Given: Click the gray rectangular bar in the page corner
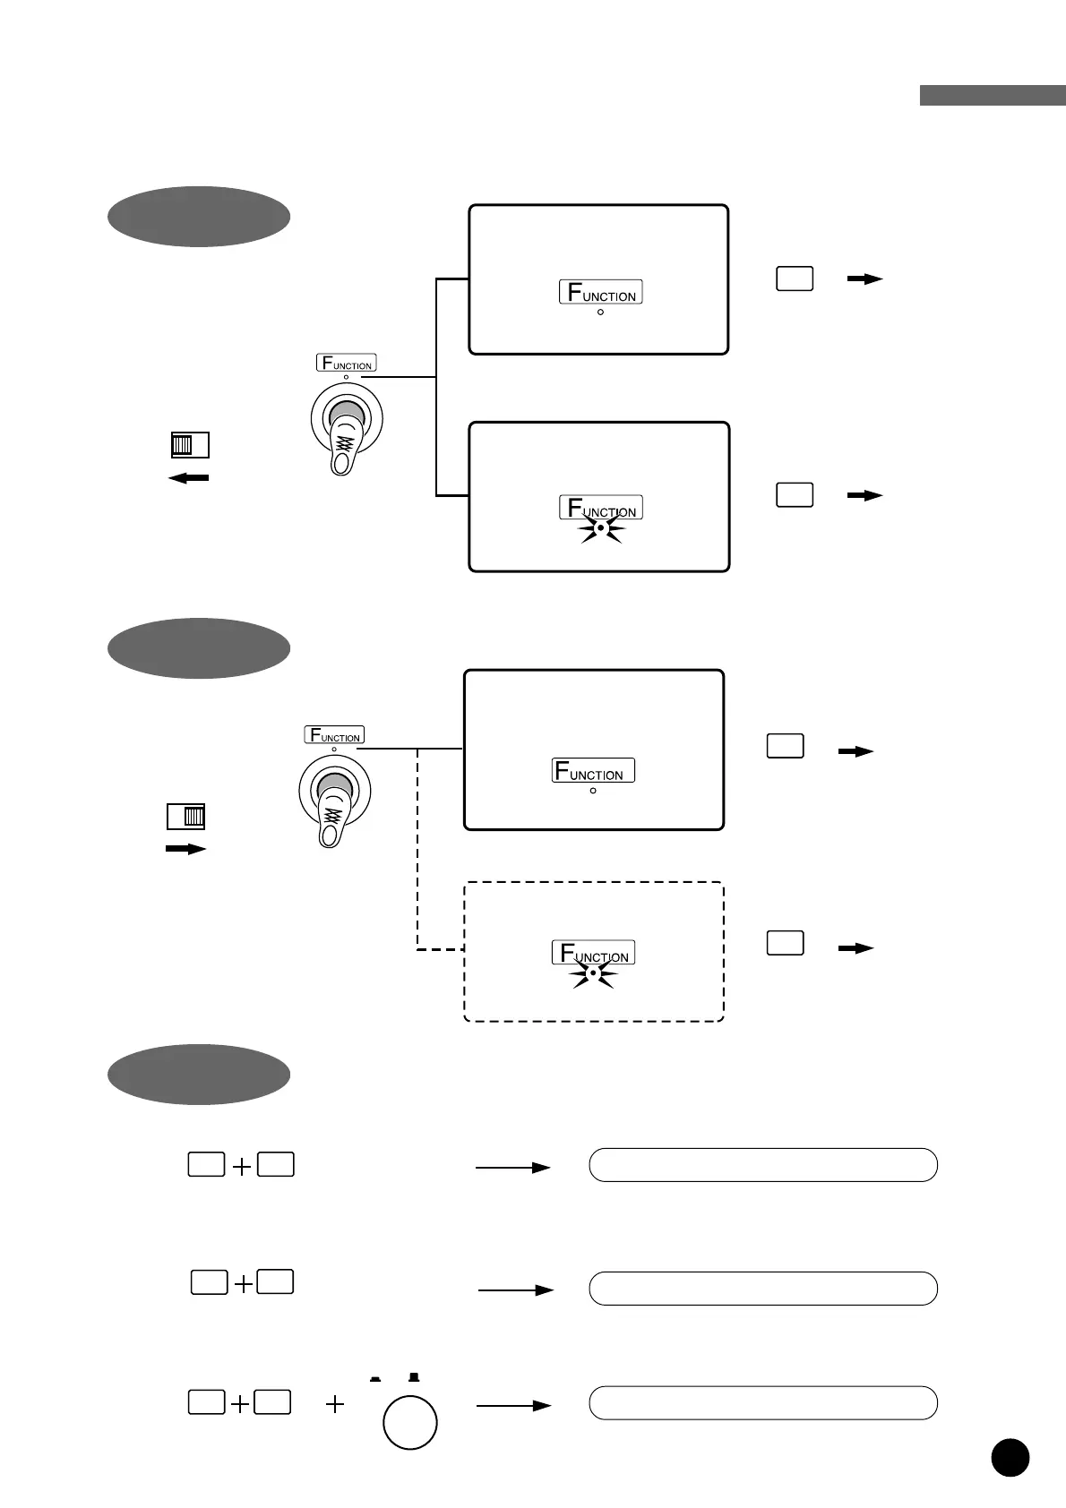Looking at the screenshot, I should tap(993, 95).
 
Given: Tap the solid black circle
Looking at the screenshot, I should tap(1010, 1457).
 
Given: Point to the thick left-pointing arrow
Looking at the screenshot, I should tap(189, 478).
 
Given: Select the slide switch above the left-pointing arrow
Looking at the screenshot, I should tap(190, 445).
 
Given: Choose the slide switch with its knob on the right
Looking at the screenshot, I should tap(185, 817).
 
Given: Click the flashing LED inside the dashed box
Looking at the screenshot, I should tap(593, 972).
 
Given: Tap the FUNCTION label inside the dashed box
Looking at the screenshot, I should tap(593, 953).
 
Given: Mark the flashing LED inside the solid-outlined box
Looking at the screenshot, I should tap(601, 528).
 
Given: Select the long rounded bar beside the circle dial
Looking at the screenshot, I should tap(763, 1403).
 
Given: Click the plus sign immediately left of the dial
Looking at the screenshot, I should tap(335, 1404).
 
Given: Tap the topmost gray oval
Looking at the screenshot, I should tap(199, 217).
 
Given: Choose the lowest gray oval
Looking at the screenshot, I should tap(199, 1075).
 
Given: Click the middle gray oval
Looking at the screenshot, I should tap(199, 648).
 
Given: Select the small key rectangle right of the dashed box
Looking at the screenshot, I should tap(785, 943).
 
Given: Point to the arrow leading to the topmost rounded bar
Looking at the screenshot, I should tap(512, 1168).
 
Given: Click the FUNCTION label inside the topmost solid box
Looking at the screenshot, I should tap(601, 292).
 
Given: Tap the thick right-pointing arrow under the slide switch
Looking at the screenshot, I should tap(185, 849).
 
